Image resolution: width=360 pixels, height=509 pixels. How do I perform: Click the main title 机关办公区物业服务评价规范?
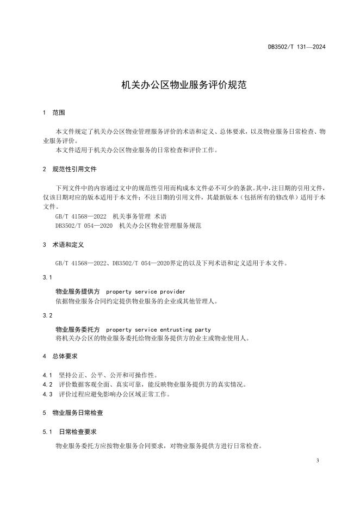[x=179, y=85]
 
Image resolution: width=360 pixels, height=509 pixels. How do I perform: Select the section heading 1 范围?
[x=54, y=113]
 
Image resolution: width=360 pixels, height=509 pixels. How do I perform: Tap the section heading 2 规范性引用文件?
[x=70, y=170]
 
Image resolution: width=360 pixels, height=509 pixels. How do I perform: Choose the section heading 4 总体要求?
[x=60, y=356]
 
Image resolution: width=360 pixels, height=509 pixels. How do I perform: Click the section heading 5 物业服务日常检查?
[x=73, y=413]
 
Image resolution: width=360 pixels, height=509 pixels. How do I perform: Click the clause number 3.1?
[x=47, y=277]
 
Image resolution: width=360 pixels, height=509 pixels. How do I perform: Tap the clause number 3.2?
[x=47, y=315]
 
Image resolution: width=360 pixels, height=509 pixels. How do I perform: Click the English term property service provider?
[x=146, y=292]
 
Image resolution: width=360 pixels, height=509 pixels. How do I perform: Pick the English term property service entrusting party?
[x=158, y=330]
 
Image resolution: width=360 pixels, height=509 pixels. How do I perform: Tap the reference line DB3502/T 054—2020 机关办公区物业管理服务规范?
[x=121, y=225]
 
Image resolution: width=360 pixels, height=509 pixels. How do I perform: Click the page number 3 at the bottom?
[x=316, y=461]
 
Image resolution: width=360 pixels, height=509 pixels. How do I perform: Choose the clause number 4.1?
[x=47, y=375]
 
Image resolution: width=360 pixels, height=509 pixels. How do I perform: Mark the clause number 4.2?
[x=47, y=384]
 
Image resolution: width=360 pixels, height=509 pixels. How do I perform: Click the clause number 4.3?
[x=47, y=394]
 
